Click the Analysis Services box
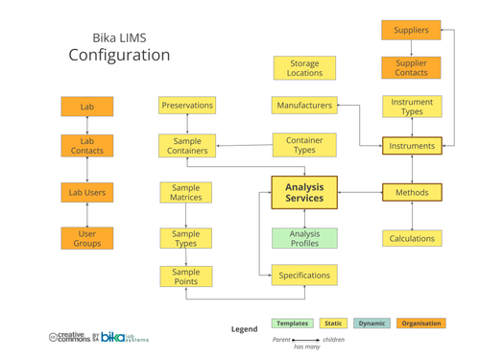[x=304, y=192]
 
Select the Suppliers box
[x=412, y=31]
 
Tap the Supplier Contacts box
[x=412, y=68]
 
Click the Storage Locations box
[x=304, y=68]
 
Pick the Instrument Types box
[x=412, y=107]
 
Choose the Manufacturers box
[x=304, y=105]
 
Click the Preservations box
[x=186, y=105]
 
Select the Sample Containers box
[x=186, y=146]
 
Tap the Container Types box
[x=304, y=146]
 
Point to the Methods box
[x=412, y=192]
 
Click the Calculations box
[x=412, y=238]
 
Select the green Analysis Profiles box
[x=304, y=238]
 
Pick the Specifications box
[x=304, y=276]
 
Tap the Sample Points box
[x=186, y=276]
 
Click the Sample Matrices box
[x=186, y=192]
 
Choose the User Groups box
[x=87, y=238]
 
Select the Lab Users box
[x=87, y=192]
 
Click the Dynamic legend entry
[x=372, y=324]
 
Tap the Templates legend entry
[x=292, y=324]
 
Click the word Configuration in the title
[x=119, y=56]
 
